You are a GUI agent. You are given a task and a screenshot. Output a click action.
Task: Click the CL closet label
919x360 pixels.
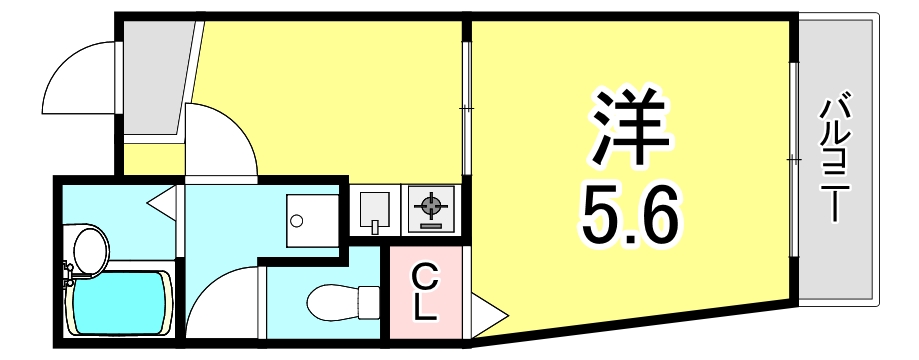coord(425,290)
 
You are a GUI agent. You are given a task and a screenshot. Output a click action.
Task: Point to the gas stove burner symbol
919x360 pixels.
coord(430,207)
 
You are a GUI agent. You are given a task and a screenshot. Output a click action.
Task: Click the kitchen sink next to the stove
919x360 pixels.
coord(375,209)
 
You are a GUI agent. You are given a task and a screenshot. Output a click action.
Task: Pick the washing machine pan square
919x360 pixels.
coord(311,214)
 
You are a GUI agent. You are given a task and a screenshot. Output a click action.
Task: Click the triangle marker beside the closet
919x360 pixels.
coord(479,317)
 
